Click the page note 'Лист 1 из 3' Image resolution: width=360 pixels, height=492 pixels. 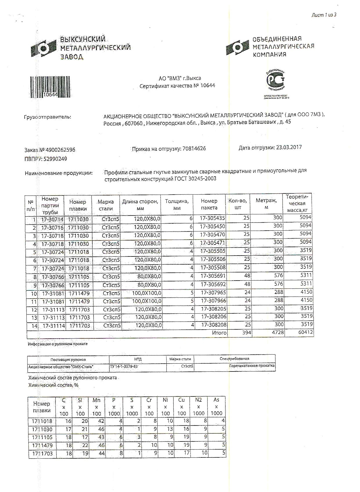(324, 15)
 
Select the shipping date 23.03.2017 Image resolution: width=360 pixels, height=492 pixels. (289, 147)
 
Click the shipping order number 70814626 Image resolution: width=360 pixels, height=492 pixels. (194, 148)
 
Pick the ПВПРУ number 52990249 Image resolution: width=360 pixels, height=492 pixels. (55, 159)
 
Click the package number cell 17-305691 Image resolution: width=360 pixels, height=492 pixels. (213, 276)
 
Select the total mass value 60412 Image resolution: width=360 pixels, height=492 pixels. (305, 332)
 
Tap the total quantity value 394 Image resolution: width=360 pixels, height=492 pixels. (246, 333)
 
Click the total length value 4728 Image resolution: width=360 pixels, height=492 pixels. (278, 332)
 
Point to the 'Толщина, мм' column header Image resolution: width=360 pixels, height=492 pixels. (177, 204)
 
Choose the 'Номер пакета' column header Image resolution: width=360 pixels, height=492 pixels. (209, 204)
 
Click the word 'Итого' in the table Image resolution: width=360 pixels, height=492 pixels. (219, 333)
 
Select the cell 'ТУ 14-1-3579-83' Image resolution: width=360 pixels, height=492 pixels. (124, 367)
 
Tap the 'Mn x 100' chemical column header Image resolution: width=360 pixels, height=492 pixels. (97, 407)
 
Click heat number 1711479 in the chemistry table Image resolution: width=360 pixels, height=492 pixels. (42, 445)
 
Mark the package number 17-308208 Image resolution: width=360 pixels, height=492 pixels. (214, 325)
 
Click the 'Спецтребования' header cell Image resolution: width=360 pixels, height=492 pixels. (234, 359)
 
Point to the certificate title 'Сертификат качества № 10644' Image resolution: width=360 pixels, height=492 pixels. (177, 86)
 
